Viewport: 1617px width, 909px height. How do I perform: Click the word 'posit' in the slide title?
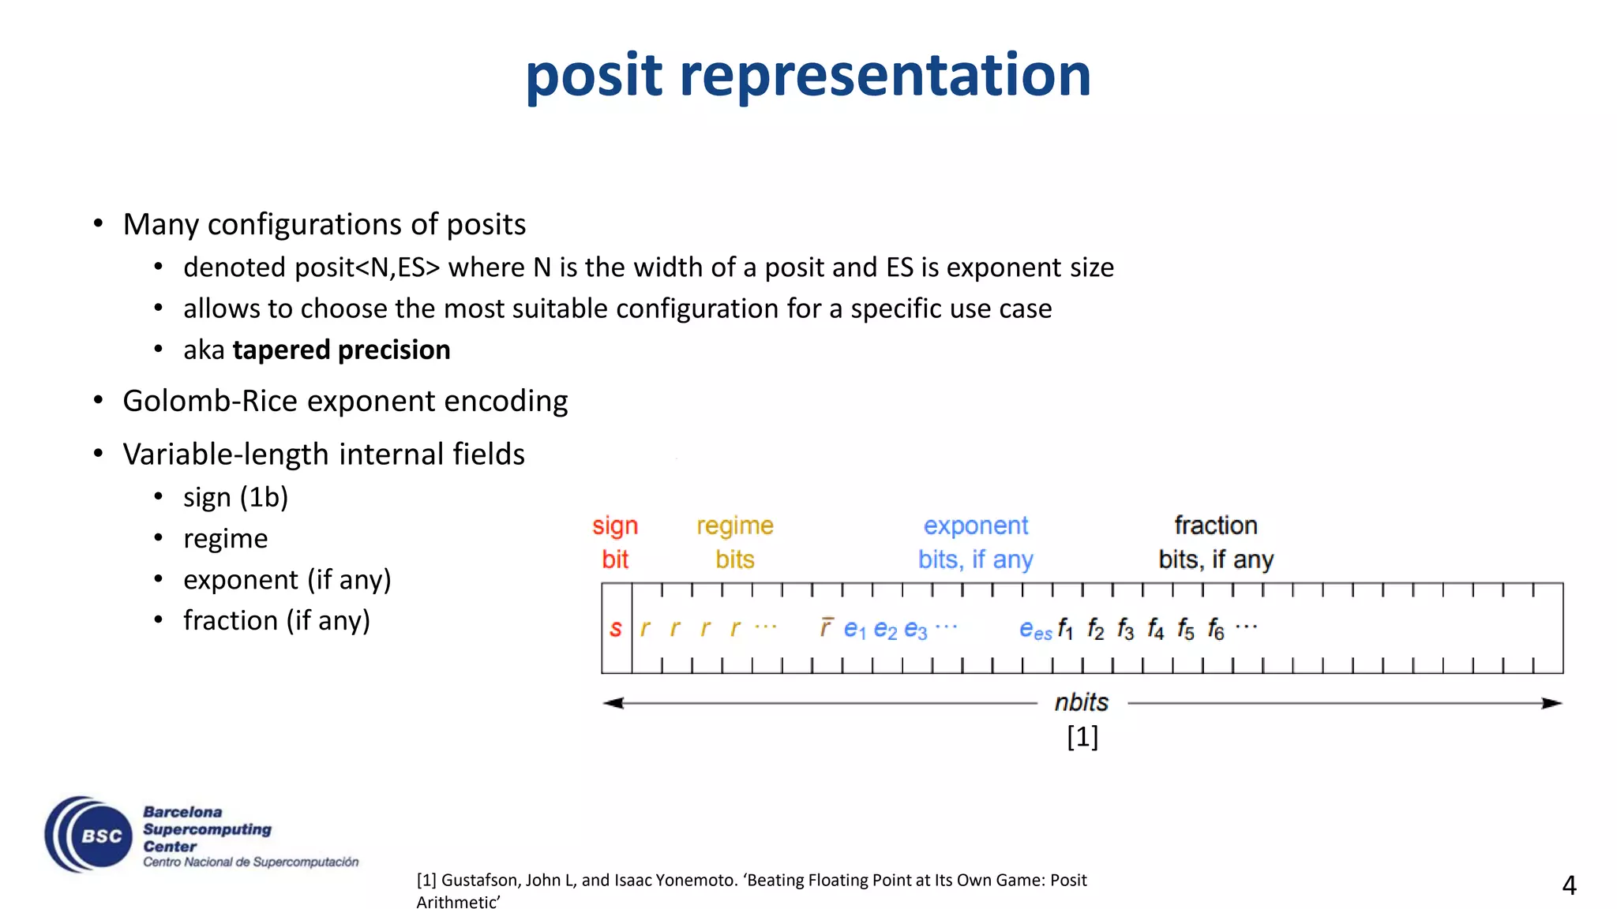tap(594, 76)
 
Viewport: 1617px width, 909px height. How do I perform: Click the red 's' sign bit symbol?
tap(616, 629)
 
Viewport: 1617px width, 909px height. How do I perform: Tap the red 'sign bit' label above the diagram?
tap(615, 542)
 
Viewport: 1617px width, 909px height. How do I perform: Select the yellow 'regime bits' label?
tap(735, 542)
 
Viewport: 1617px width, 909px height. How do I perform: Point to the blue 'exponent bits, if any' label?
tap(976, 542)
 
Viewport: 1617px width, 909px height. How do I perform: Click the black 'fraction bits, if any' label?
tap(1216, 542)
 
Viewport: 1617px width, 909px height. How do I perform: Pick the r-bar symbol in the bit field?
tap(826, 627)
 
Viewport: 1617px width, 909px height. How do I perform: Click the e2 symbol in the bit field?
tap(885, 630)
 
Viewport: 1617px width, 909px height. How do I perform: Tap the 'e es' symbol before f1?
tap(1035, 630)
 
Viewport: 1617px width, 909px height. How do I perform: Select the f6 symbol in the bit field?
tap(1216, 630)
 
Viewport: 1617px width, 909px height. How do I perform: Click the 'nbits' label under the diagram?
tap(1082, 702)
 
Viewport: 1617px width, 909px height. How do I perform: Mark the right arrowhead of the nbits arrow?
tap(1551, 703)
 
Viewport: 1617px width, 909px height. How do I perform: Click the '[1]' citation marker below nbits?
tap(1082, 737)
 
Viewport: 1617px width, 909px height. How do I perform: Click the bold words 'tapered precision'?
tap(341, 350)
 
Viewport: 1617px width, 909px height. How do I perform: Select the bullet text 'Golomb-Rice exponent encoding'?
tap(345, 401)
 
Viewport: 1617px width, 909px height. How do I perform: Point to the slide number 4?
tap(1569, 885)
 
